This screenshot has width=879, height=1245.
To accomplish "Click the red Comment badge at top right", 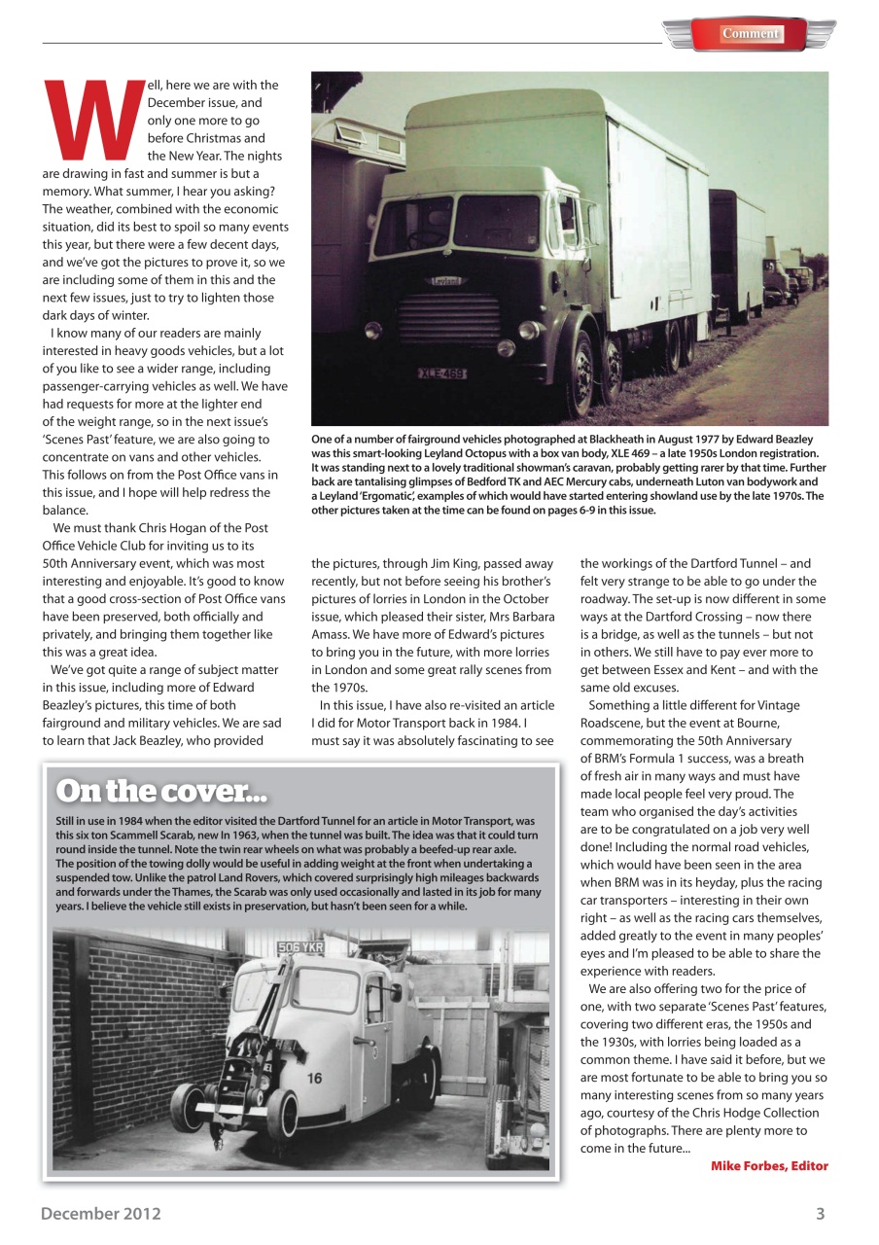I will [x=750, y=34].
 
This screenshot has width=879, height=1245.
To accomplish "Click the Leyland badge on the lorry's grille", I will [x=447, y=281].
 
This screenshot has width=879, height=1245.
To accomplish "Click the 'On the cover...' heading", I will [x=161, y=791].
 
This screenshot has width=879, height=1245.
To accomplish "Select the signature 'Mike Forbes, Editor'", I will [x=769, y=1166].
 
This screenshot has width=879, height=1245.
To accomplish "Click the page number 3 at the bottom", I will [x=820, y=1213].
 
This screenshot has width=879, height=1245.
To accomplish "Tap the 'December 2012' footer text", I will [x=101, y=1213].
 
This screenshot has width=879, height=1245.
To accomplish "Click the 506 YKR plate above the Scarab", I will [x=300, y=946].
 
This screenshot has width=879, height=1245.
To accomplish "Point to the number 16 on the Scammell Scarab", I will [x=315, y=1079].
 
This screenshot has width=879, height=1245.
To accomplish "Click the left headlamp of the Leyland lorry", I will [x=373, y=329].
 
